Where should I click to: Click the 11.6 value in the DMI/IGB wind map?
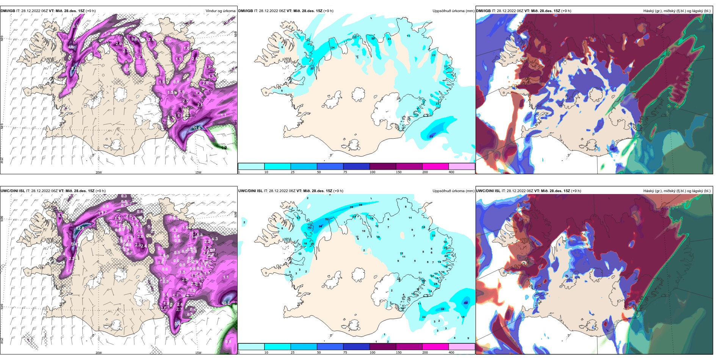click(197, 128)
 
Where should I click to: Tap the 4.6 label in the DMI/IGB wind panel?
click(71, 47)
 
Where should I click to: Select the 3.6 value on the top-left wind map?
click(134, 39)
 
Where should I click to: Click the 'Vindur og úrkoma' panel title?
click(220, 11)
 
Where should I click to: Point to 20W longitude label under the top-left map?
click(99, 172)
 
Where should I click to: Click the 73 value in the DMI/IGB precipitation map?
click(431, 136)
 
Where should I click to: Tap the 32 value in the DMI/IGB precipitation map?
click(312, 69)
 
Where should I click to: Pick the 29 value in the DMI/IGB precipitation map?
click(373, 39)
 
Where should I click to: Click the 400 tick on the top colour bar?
click(451, 172)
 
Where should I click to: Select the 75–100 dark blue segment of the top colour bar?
click(356, 166)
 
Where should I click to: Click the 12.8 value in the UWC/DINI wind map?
click(80, 228)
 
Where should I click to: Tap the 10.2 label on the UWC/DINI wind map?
click(226, 303)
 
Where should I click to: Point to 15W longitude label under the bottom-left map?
click(198, 353)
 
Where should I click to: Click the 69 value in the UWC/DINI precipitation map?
click(466, 303)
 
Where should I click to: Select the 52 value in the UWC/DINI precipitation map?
click(327, 219)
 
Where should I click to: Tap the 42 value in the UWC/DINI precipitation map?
click(310, 227)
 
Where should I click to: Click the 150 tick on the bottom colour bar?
click(399, 352)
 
